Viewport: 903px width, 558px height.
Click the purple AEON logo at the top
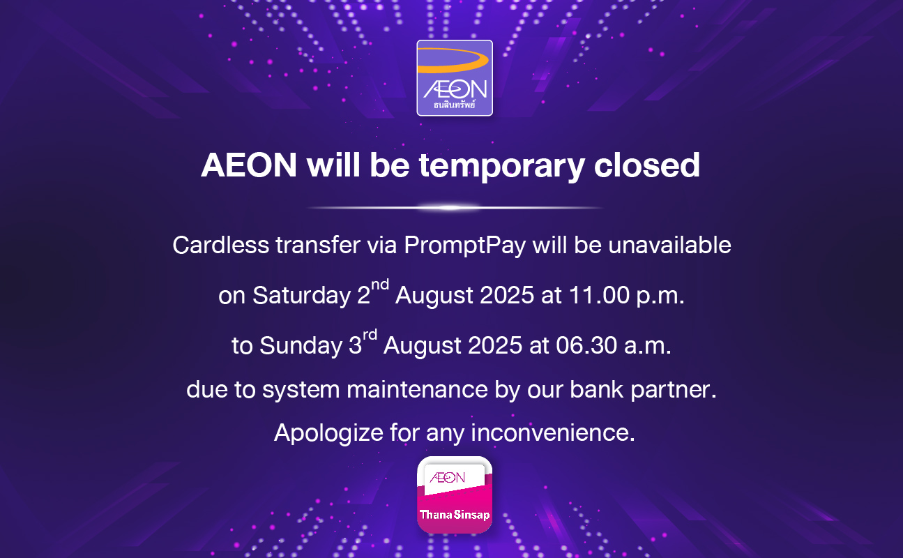pyautogui.click(x=455, y=78)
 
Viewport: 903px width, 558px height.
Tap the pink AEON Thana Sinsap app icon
pyautogui.click(x=455, y=495)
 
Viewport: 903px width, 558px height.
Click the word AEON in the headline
pyautogui.click(x=249, y=165)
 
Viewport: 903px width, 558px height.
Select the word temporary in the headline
pyautogui.click(x=502, y=166)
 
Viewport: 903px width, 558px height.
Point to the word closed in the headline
pyautogui.click(x=646, y=165)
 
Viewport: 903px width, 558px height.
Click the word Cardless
pyautogui.click(x=220, y=245)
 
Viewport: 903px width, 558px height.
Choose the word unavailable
pyautogui.click(x=669, y=245)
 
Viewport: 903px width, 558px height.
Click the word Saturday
pyautogui.click(x=301, y=296)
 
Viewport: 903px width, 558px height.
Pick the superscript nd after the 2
pyautogui.click(x=380, y=285)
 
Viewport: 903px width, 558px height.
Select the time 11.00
pyautogui.click(x=599, y=295)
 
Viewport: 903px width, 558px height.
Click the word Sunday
pyautogui.click(x=301, y=346)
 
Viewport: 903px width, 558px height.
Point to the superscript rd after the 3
pyautogui.click(x=370, y=335)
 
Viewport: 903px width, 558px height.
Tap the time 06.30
pyautogui.click(x=586, y=345)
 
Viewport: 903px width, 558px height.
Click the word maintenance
pyautogui.click(x=417, y=390)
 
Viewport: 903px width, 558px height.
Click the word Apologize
pyautogui.click(x=328, y=434)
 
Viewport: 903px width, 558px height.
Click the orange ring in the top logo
pyautogui.click(x=453, y=60)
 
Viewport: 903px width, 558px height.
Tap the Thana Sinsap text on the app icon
pyautogui.click(x=455, y=515)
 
